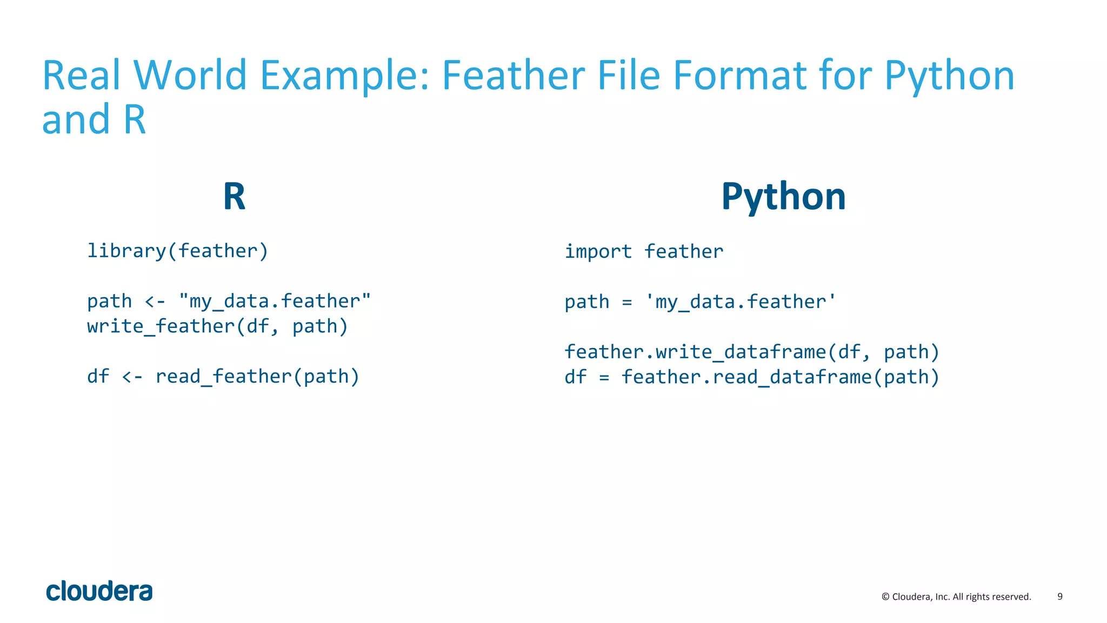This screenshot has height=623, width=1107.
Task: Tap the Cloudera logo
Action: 99,591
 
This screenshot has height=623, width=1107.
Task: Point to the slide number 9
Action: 1059,597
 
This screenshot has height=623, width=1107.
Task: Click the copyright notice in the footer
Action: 956,597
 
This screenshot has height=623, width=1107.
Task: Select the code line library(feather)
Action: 178,251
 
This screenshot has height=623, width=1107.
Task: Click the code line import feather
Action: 644,251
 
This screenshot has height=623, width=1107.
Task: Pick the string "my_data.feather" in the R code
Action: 275,301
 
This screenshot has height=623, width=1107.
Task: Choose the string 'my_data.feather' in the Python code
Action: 741,302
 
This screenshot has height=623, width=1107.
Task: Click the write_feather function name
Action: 161,326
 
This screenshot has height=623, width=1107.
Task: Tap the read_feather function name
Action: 224,376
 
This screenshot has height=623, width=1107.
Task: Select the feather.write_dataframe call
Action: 695,352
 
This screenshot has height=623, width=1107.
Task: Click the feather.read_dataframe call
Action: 746,377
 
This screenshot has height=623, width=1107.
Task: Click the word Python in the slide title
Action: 949,76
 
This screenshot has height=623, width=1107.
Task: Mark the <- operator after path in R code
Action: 155,302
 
